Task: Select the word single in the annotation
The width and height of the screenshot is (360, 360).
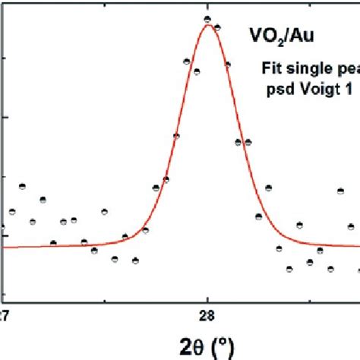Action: (x=311, y=67)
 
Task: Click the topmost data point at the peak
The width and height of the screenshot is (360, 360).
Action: (x=207, y=21)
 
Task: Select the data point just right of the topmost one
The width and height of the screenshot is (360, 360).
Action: (x=217, y=27)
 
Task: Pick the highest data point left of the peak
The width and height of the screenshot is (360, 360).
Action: (x=187, y=62)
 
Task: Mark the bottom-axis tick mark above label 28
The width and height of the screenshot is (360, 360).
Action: (x=207, y=299)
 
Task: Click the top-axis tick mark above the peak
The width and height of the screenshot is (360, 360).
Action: (x=207, y=3)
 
